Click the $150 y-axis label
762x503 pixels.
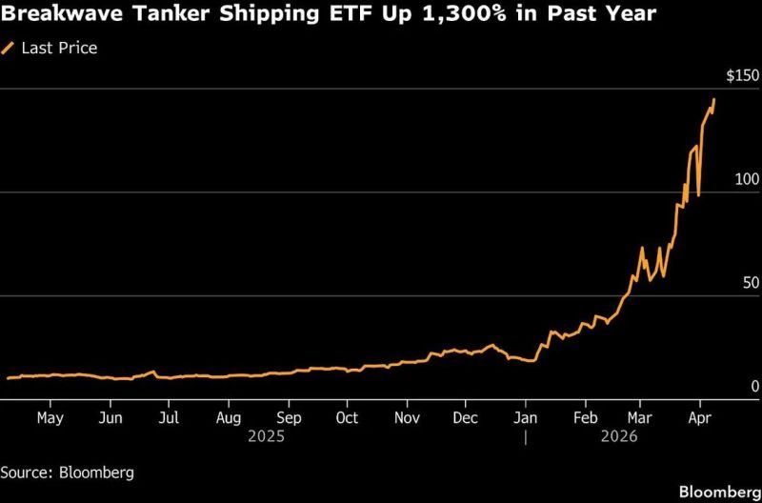pyautogui.click(x=741, y=75)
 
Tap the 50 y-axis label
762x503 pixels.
pyautogui.click(x=750, y=283)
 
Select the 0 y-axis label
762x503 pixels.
pyautogui.click(x=753, y=386)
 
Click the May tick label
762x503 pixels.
pyautogui.click(x=50, y=417)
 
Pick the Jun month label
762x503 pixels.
pyautogui.click(x=110, y=417)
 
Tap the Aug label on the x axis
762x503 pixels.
pyautogui.click(x=229, y=417)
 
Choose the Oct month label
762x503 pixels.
pyautogui.click(x=348, y=417)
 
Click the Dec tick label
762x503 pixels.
pyautogui.click(x=467, y=417)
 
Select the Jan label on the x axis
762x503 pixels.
pyautogui.click(x=525, y=417)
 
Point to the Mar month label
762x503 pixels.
pyautogui.click(x=640, y=417)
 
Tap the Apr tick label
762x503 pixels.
pyautogui.click(x=699, y=417)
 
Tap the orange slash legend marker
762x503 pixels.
pyautogui.click(x=10, y=47)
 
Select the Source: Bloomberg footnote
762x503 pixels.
pyautogui.click(x=67, y=472)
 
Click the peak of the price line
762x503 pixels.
pyautogui.click(x=714, y=99)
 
